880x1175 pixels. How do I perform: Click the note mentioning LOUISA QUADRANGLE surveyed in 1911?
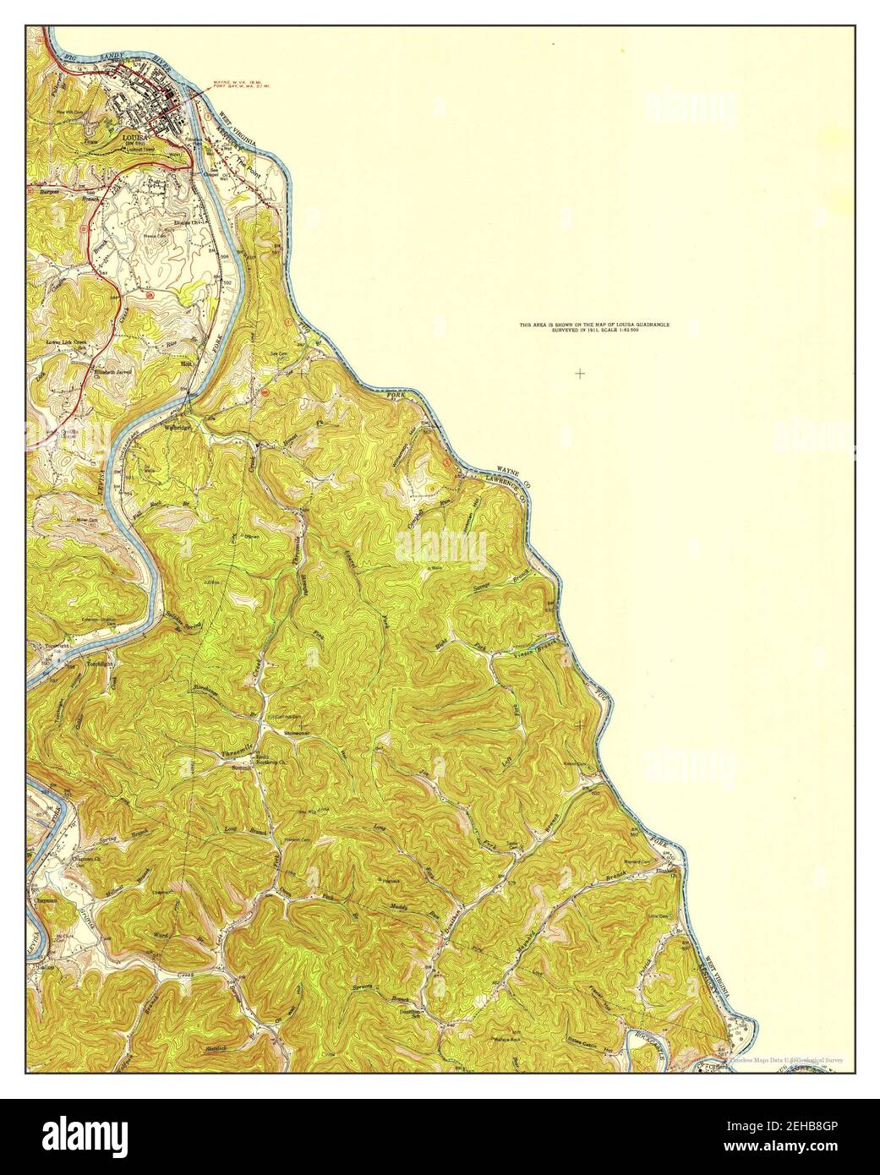tap(601, 327)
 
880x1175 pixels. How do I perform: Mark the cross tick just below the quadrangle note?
tap(580, 373)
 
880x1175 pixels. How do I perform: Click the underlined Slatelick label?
tap(216, 1048)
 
